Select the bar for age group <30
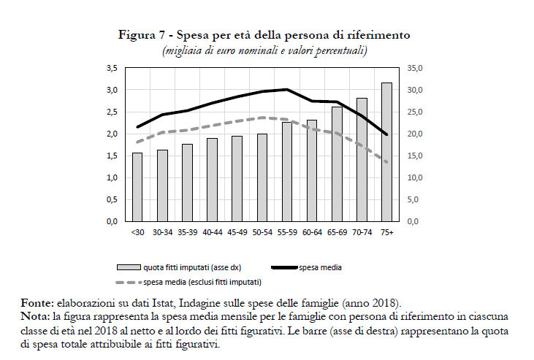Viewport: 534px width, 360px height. pos(137,187)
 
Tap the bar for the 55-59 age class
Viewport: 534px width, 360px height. pos(287,172)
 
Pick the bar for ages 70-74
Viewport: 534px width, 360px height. pos(362,159)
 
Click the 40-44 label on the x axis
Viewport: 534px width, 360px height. pos(213,233)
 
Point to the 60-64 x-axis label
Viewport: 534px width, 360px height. pos(312,233)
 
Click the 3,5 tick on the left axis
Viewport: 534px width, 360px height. pos(112,68)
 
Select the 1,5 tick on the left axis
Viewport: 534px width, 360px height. pos(112,156)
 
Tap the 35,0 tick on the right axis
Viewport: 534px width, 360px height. pos(414,68)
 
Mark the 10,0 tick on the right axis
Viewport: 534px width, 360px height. pos(414,177)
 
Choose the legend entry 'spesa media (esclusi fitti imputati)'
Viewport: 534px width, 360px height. pos(202,282)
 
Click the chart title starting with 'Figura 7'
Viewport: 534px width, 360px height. pos(264,35)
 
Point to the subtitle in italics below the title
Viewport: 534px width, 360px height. pos(264,50)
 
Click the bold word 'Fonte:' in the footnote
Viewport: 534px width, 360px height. pos(37,303)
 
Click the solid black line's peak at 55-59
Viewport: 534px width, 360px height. pos(287,90)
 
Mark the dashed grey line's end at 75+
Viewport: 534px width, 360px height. pos(386,162)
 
